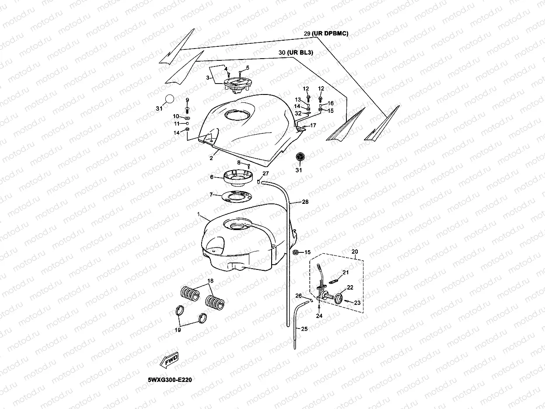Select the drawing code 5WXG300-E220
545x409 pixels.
click(170, 380)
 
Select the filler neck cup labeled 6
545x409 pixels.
click(239, 177)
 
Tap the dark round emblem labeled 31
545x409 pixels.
click(300, 158)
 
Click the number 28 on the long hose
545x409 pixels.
click(305, 202)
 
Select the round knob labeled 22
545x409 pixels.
click(340, 300)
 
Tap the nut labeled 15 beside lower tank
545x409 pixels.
click(296, 252)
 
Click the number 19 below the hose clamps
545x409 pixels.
click(178, 330)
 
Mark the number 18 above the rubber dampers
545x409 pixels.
click(210, 280)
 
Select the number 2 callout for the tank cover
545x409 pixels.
click(211, 157)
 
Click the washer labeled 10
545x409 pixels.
click(187, 118)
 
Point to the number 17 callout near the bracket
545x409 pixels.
click(313, 126)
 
